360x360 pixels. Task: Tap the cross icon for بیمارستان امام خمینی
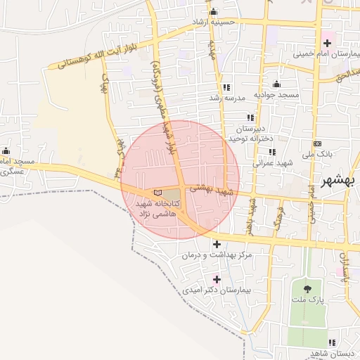click(x=326, y=43)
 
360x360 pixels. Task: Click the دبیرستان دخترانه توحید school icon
click(x=250, y=118)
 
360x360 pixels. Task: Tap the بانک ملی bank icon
click(x=318, y=143)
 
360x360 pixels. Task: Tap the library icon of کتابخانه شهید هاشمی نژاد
click(x=157, y=193)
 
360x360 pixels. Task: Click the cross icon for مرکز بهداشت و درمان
click(x=217, y=244)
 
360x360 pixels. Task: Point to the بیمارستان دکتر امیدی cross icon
click(x=217, y=279)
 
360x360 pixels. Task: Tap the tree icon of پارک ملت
click(x=307, y=288)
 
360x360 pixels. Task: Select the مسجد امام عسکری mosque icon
click(x=6, y=150)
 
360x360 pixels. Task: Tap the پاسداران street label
click(x=345, y=270)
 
